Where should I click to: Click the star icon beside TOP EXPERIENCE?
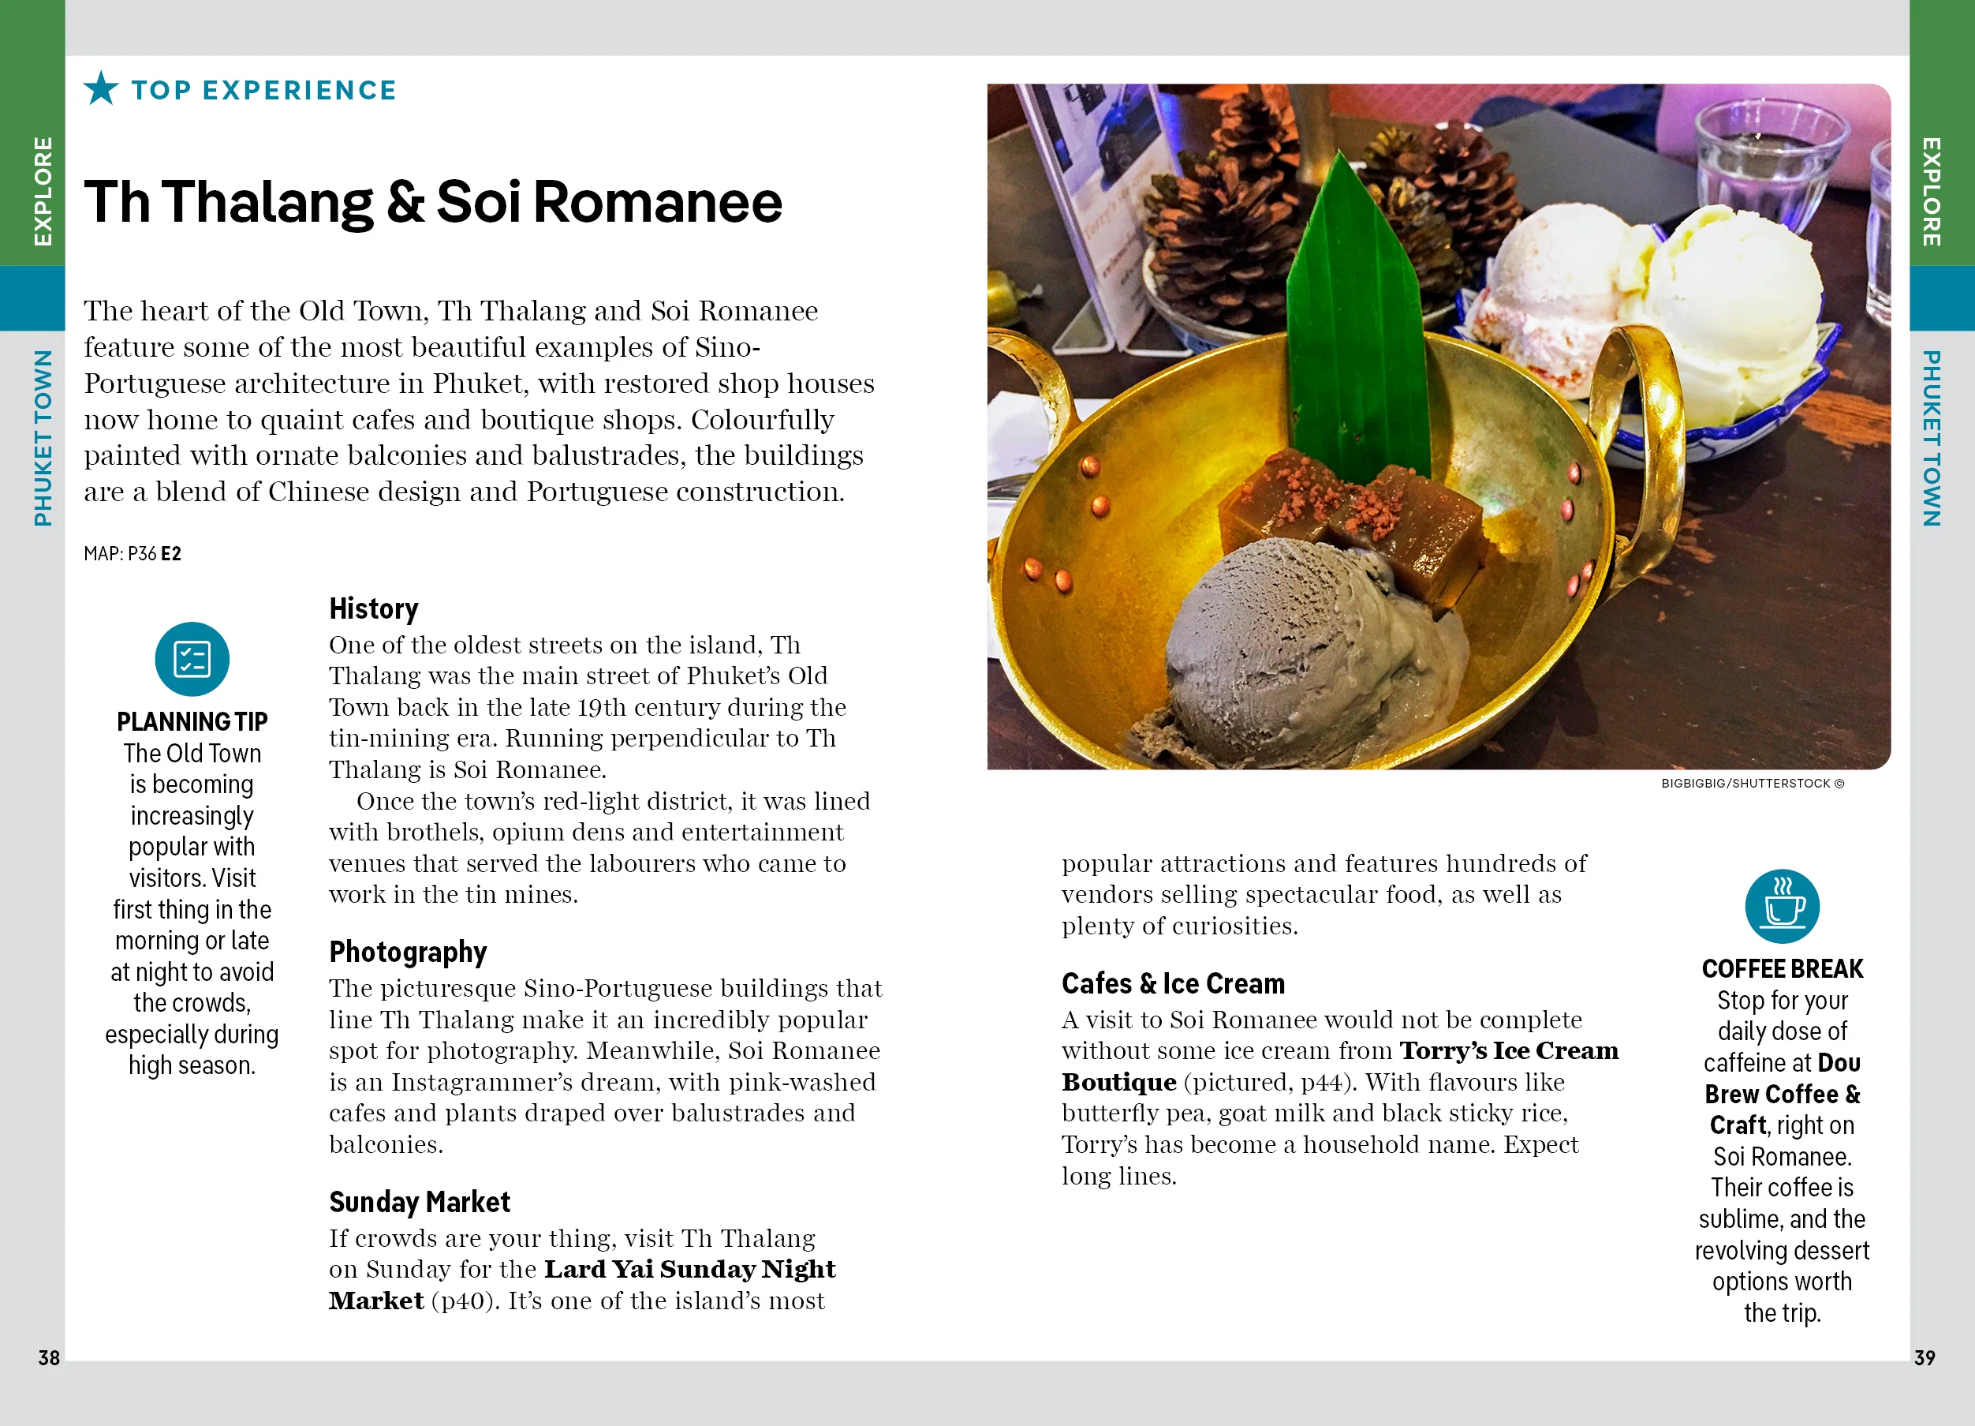(x=101, y=89)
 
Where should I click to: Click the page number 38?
(x=49, y=1357)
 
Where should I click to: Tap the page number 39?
(x=1925, y=1357)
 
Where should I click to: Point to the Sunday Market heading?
(x=419, y=1202)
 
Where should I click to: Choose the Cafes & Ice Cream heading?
(x=1172, y=983)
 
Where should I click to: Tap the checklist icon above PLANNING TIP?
(x=192, y=660)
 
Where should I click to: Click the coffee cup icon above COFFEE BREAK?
(x=1782, y=907)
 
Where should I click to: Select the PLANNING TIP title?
(x=192, y=721)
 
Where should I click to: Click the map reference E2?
(x=171, y=554)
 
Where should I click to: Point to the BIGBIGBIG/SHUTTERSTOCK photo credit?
(x=1751, y=783)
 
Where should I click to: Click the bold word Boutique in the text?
(x=1119, y=1082)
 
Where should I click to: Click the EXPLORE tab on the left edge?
(x=43, y=192)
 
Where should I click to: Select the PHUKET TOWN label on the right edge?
(x=1932, y=438)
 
